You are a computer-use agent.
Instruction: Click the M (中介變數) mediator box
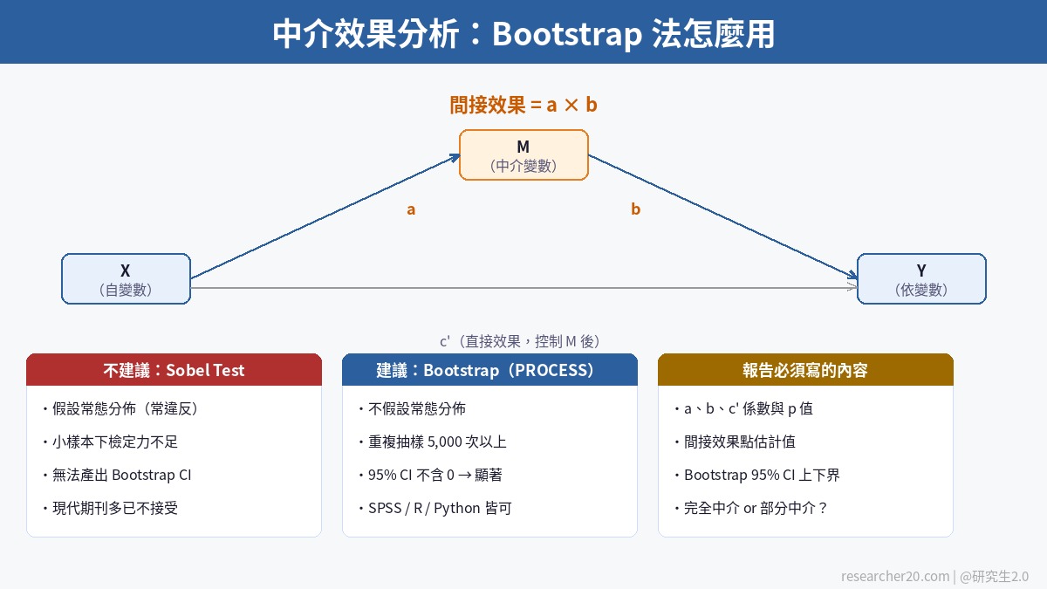523,155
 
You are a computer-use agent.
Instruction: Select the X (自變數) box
126,279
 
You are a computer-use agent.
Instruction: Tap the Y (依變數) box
921,279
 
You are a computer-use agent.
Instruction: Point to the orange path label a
411,209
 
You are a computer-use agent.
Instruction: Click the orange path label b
635,209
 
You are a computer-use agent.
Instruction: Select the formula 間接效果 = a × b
523,106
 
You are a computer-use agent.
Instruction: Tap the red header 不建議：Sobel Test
174,370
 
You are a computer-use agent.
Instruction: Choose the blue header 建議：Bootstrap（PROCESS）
489,370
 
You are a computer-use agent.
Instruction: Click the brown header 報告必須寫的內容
805,370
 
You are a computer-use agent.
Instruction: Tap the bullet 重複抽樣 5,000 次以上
432,442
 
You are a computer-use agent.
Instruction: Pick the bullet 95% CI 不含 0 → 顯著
429,475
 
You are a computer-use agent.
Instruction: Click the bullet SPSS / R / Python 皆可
435,508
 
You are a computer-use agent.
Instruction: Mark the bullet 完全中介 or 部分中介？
750,508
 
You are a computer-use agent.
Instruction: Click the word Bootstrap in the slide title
567,33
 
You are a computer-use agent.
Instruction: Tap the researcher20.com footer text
894,576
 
